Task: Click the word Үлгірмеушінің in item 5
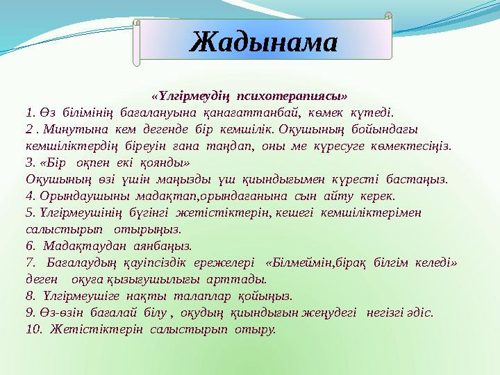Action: (75, 212)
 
